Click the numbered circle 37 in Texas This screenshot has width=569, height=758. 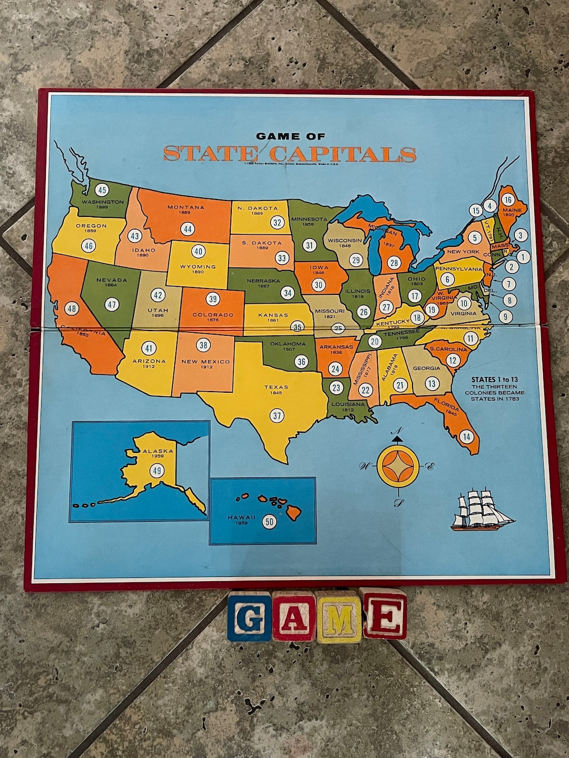click(x=277, y=415)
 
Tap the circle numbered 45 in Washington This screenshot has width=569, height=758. click(x=102, y=191)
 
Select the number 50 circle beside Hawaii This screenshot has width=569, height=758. click(x=269, y=521)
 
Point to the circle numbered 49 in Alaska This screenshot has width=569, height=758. click(x=157, y=471)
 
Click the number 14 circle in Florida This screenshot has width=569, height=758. click(x=466, y=436)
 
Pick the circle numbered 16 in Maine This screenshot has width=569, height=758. click(x=507, y=200)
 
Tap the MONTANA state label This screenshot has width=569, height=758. click(x=185, y=207)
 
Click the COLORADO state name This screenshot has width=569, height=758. click(x=213, y=315)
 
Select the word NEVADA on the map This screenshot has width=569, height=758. click(x=112, y=280)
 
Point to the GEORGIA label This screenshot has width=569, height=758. click(x=427, y=368)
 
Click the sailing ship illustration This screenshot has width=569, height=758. click(x=480, y=509)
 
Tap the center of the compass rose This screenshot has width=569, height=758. click(x=398, y=466)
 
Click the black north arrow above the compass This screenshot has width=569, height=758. click(x=398, y=436)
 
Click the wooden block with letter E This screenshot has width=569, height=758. click(x=384, y=614)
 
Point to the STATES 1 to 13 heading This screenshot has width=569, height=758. click(x=494, y=379)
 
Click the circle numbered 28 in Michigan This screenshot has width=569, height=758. click(x=394, y=263)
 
